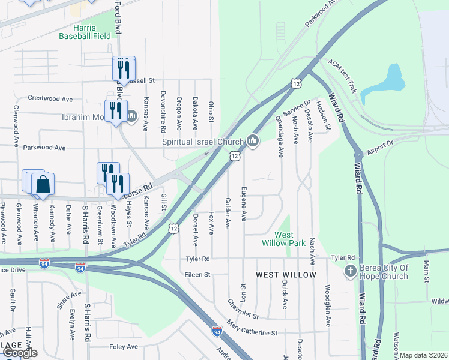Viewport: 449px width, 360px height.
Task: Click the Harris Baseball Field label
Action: (85, 32)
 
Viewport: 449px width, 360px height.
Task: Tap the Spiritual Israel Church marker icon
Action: (253, 142)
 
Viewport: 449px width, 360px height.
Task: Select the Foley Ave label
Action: (125, 347)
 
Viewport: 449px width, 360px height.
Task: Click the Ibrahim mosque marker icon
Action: (132, 116)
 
